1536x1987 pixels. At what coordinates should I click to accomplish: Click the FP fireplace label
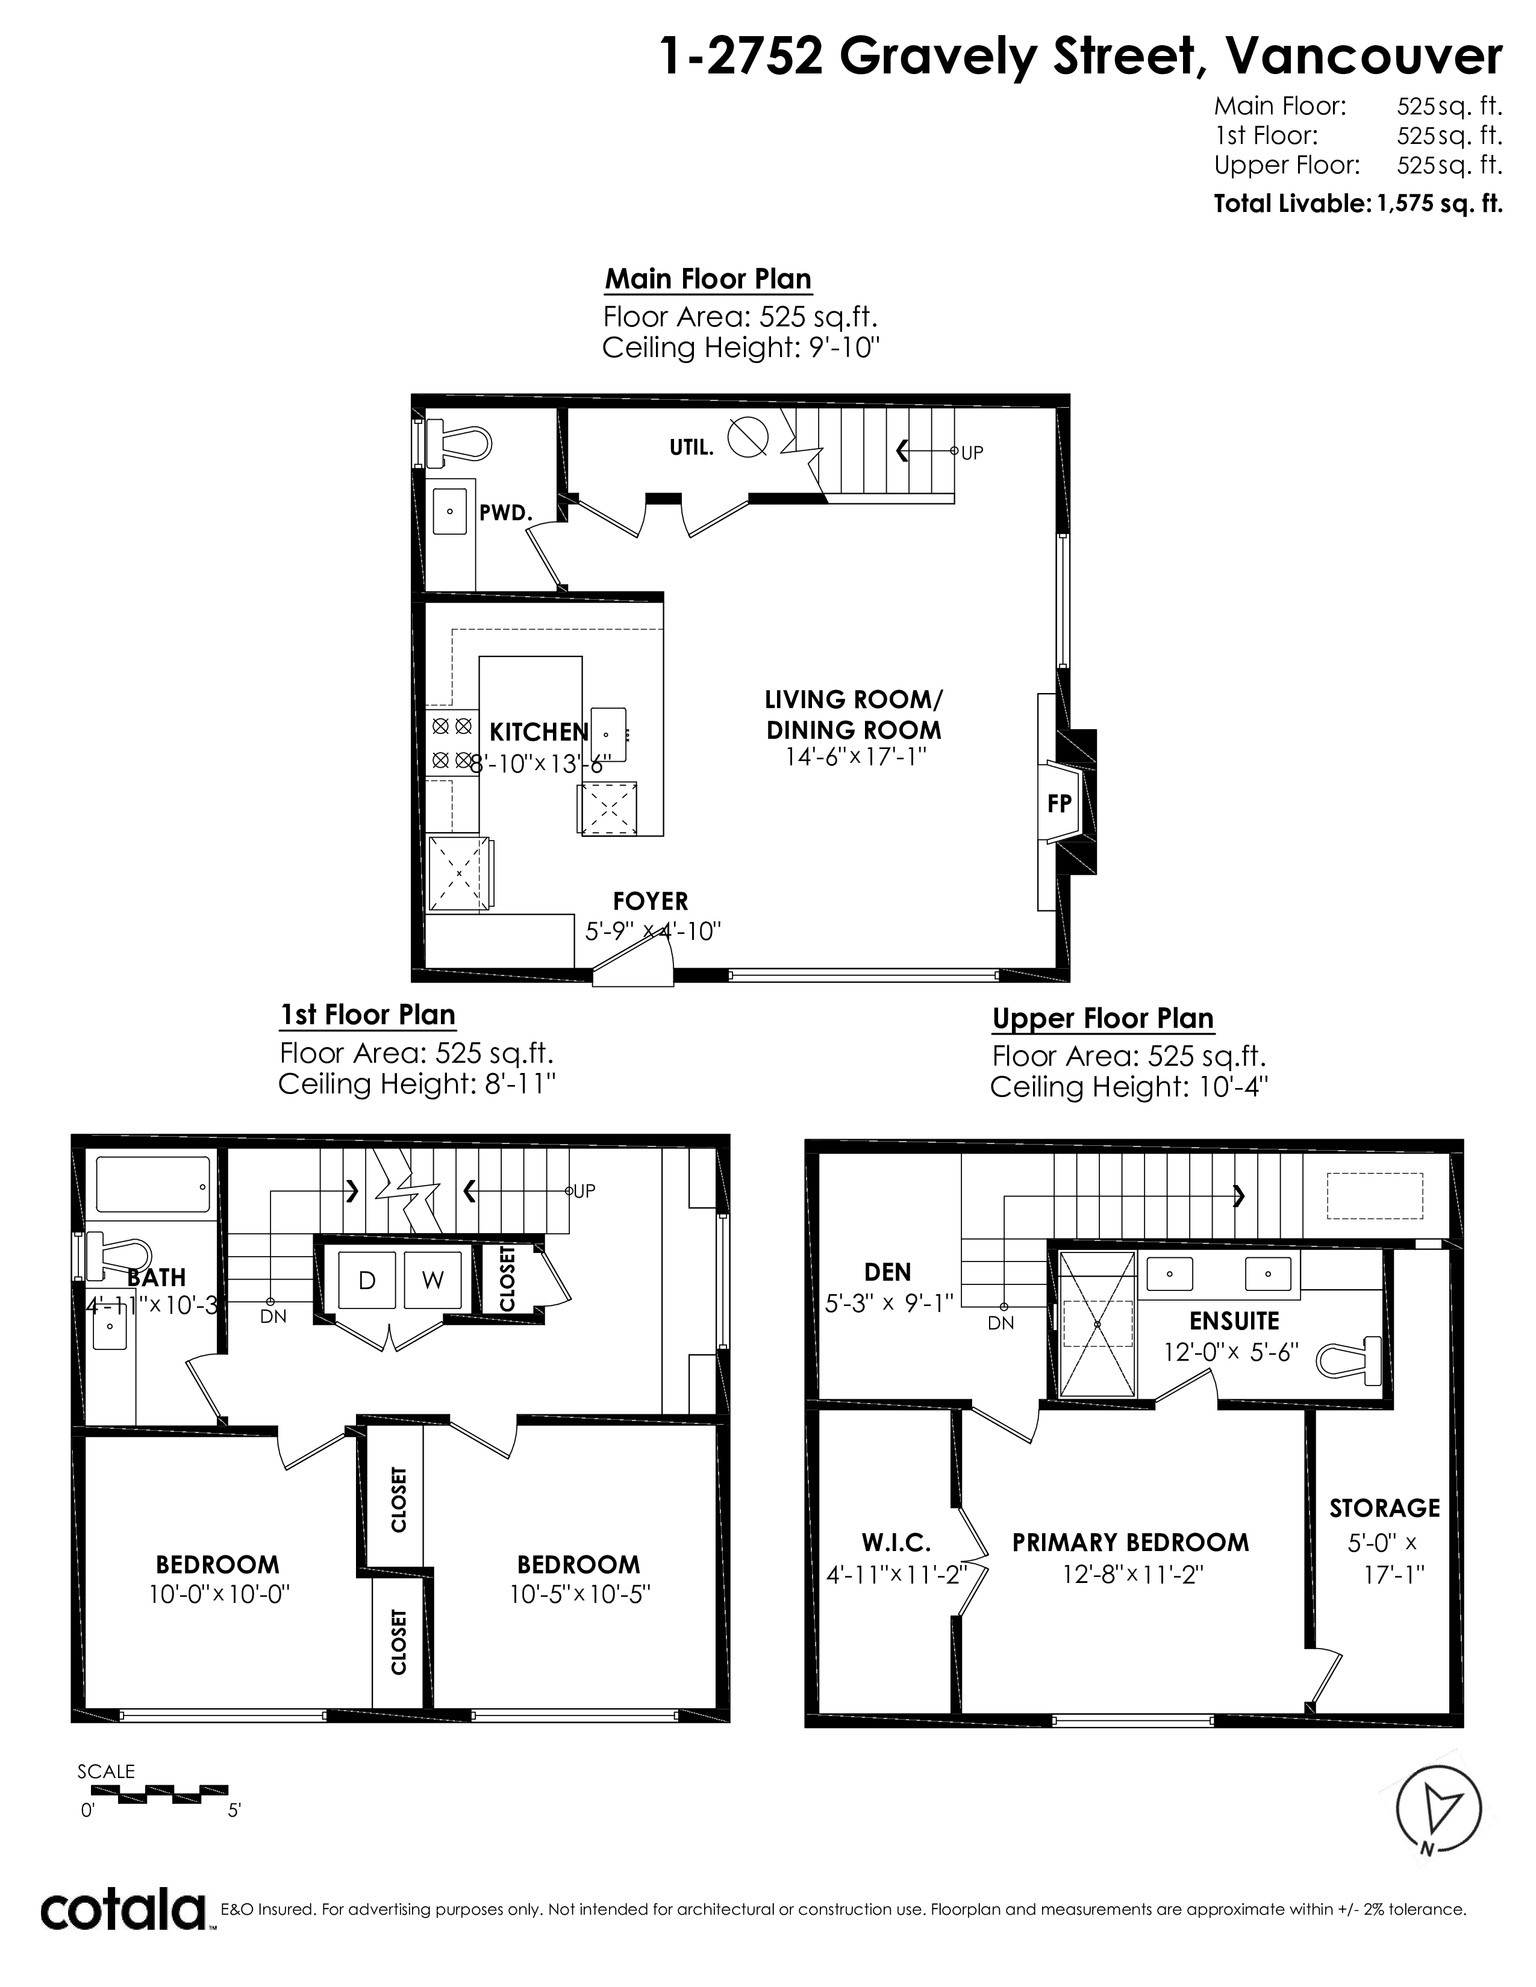point(1059,803)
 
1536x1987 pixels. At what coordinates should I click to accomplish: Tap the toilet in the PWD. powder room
point(458,442)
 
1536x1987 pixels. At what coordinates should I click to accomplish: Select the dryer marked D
point(367,1280)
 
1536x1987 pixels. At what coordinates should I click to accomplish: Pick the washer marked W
point(432,1280)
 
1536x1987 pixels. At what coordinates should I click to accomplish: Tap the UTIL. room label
point(692,447)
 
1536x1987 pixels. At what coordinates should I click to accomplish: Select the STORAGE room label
point(1384,1508)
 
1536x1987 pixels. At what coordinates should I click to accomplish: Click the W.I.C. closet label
point(896,1542)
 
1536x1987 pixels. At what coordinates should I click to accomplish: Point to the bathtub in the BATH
point(153,1184)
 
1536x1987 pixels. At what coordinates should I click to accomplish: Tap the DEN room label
point(887,1271)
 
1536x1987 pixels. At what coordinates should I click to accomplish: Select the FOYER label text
point(651,901)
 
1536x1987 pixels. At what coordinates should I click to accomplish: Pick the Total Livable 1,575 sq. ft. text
point(1358,203)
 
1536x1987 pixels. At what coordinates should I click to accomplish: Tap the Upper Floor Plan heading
point(1103,1018)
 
